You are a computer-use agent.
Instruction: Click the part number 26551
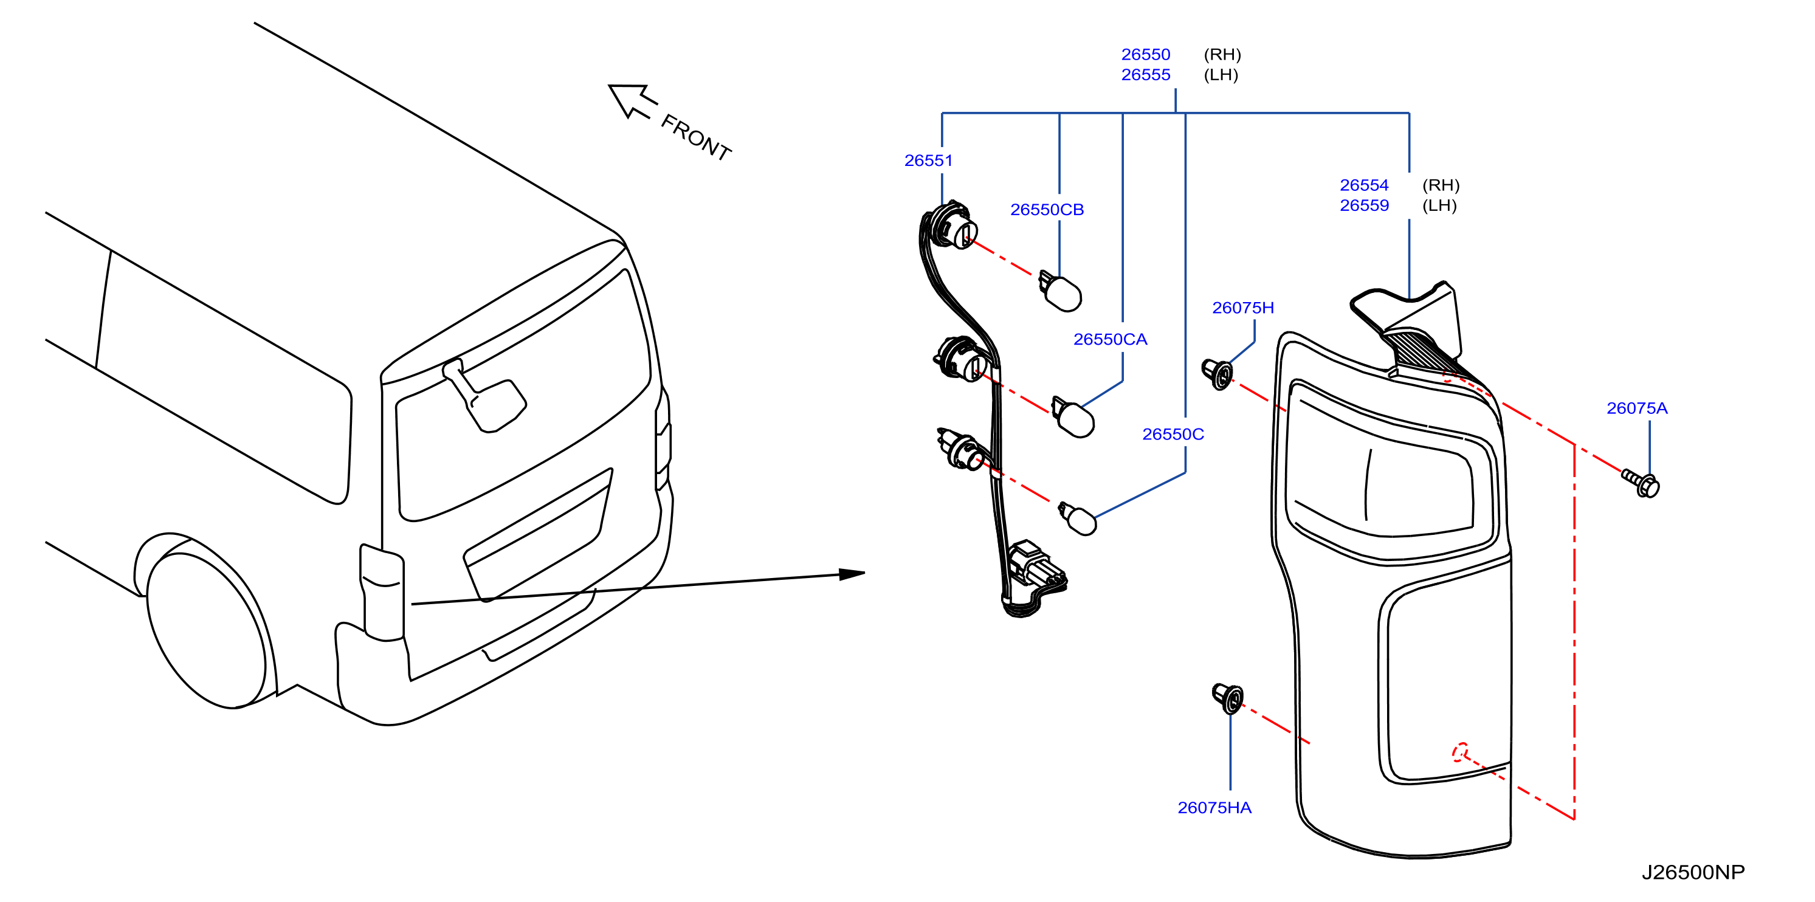928,160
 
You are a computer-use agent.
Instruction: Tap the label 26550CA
1110,340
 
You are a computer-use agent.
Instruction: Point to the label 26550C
1173,435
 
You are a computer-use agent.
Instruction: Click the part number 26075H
1242,308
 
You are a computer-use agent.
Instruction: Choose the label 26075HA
1214,808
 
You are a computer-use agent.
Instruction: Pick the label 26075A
1636,408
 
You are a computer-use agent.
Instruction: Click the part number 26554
1363,185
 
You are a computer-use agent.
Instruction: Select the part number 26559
1363,206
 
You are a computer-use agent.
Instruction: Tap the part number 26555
1145,75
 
